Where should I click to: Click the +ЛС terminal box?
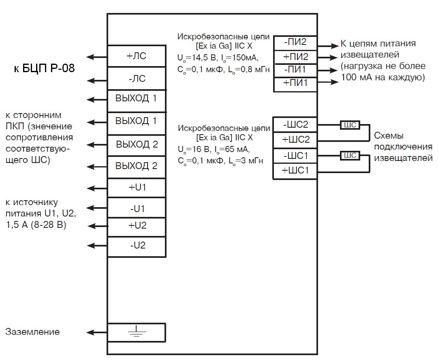[137, 56]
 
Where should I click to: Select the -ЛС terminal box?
[137, 78]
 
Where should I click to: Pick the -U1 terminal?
[137, 208]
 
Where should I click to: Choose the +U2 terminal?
[137, 225]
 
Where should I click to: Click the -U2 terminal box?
[137, 245]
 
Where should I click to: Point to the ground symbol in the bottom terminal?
[137, 332]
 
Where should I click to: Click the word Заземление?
[32, 332]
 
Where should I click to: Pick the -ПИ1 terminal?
[295, 70]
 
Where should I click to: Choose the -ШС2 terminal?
[295, 124]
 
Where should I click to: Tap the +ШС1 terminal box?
[295, 171]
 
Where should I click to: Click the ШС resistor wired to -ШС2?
[350, 125]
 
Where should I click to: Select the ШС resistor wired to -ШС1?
[350, 156]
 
